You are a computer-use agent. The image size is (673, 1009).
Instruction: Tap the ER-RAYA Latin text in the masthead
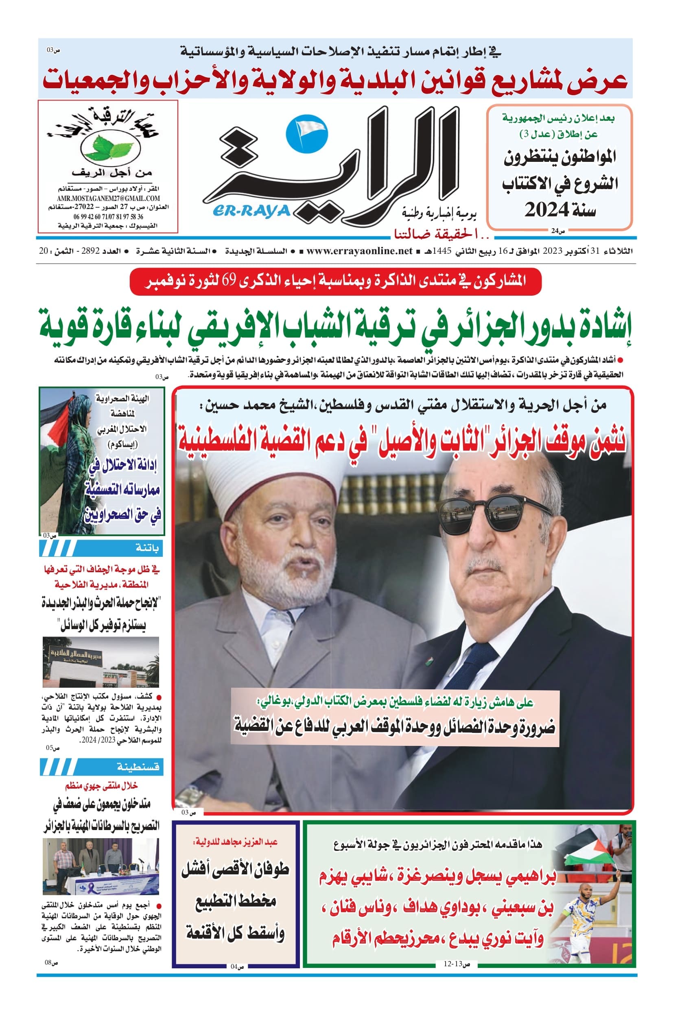[x=251, y=211]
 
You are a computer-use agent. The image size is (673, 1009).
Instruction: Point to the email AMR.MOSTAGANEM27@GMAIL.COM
[x=108, y=198]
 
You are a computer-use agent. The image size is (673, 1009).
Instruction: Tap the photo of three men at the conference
[x=101, y=866]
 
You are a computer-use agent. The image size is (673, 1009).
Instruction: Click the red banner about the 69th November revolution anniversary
[x=335, y=281]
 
